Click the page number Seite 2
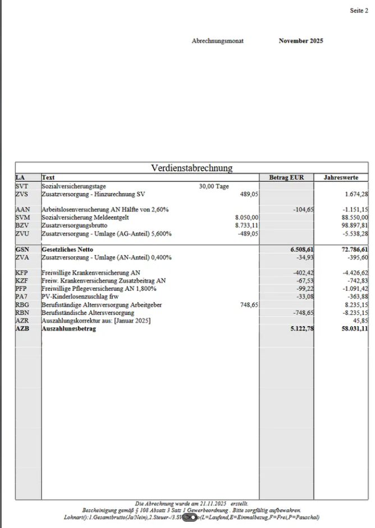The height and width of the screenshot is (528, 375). point(359,10)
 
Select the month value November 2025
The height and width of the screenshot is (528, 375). point(300,41)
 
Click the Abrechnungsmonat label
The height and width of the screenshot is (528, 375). point(217,41)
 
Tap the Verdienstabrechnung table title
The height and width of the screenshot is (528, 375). point(192,168)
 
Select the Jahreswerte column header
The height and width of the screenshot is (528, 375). point(341,178)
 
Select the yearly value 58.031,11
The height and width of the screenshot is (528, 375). point(355,329)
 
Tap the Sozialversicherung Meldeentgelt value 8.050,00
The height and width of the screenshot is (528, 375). point(247,217)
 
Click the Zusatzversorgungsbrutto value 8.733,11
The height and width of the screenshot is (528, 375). point(247,225)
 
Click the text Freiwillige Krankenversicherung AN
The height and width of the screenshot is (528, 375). point(91,272)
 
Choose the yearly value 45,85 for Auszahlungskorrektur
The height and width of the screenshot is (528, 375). point(360,321)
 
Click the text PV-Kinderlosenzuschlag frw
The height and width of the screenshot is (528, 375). point(80,297)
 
